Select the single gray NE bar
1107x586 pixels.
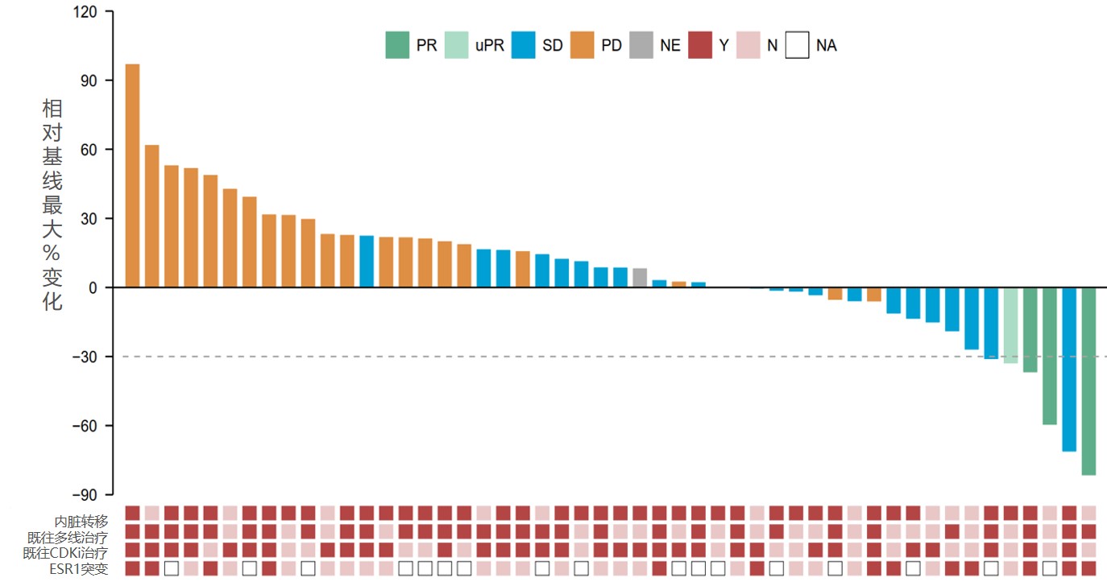(x=640, y=278)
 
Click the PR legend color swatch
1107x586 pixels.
(x=397, y=45)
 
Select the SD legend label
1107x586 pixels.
(x=553, y=46)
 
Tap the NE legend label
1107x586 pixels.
(x=670, y=46)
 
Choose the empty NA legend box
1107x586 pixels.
(x=798, y=45)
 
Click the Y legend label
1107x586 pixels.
(x=723, y=46)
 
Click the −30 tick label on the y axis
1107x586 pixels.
(x=84, y=357)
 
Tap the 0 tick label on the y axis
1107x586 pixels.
(x=93, y=287)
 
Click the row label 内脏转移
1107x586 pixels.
(x=81, y=521)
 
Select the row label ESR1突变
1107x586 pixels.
(x=78, y=568)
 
